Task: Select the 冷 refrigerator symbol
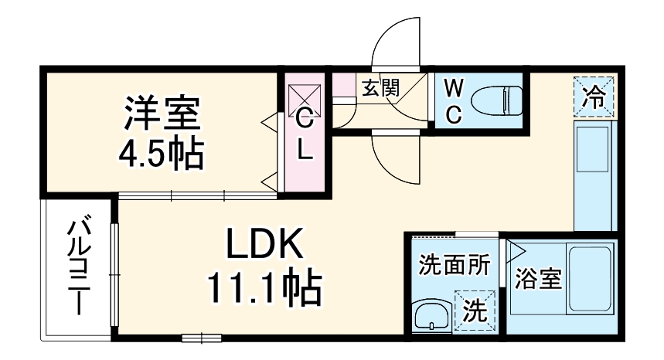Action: click(x=595, y=97)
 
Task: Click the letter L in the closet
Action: click(x=305, y=151)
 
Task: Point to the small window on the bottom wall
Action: click(x=202, y=337)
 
